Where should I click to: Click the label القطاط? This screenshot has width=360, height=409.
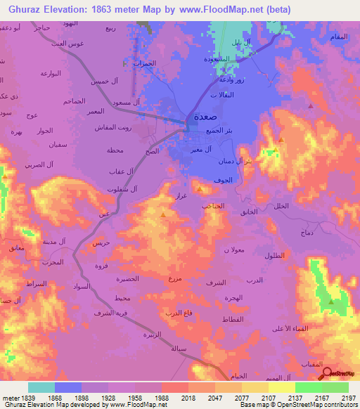(x=231, y=320)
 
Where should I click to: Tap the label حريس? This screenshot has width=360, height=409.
(x=101, y=242)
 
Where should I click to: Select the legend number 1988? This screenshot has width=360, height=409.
(x=162, y=398)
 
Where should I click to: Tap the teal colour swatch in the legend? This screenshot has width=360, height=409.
(x=41, y=387)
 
